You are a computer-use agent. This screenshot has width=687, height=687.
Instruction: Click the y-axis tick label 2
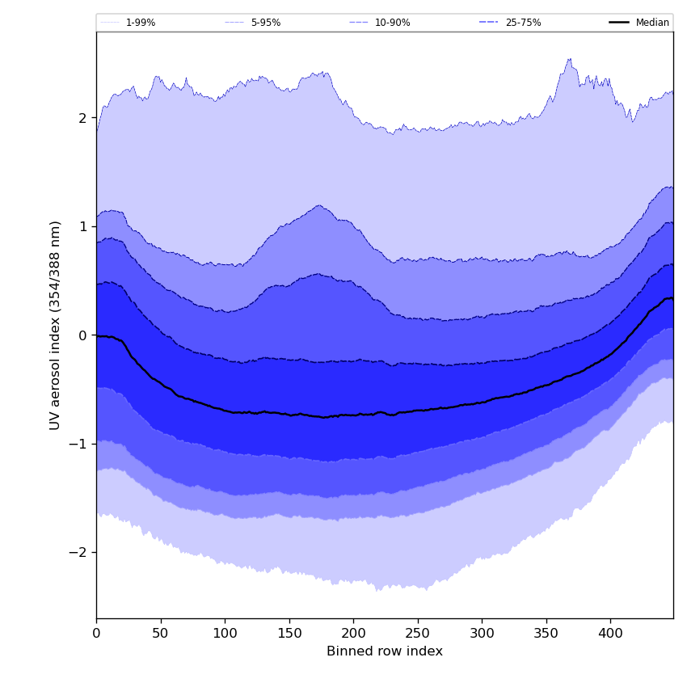(x=82, y=118)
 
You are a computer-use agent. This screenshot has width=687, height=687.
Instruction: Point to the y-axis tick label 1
(x=82, y=226)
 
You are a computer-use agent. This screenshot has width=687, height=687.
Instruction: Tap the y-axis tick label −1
(x=78, y=444)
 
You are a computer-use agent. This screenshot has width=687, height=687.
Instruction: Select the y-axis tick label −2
(x=78, y=553)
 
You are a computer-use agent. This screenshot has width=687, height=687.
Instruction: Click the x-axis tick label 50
(x=161, y=634)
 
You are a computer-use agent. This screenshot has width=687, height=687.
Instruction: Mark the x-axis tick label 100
(x=225, y=634)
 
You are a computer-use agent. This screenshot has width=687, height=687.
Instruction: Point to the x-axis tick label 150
(x=289, y=634)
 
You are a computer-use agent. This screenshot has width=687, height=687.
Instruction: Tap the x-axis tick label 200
(x=353, y=634)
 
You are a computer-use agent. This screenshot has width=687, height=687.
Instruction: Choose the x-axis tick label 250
(x=418, y=634)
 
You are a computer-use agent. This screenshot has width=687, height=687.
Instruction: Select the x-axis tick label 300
(x=482, y=634)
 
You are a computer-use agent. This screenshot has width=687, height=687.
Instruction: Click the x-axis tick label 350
(x=546, y=634)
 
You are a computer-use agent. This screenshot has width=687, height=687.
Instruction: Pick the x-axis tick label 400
(x=610, y=634)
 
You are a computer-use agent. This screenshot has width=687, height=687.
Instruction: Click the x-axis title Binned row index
(x=385, y=651)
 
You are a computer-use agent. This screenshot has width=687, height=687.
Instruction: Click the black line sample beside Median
(x=620, y=23)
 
